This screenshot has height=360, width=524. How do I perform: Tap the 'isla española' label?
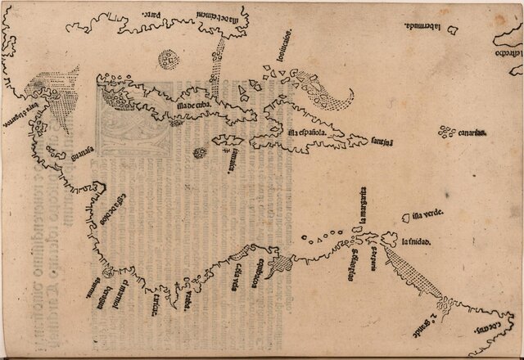click(307, 133)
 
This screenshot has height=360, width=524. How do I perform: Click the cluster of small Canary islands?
click(447, 130)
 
